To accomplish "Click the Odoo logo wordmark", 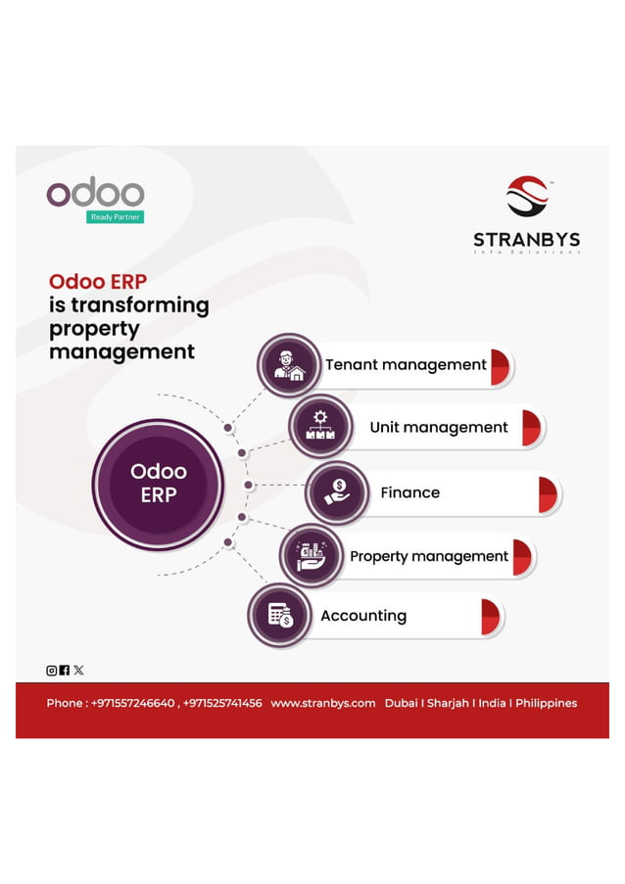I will click(95, 193).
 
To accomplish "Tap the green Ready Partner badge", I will click(115, 217).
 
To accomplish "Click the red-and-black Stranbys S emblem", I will click(527, 197).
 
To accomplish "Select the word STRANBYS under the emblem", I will click(526, 239).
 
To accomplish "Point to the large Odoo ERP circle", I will click(158, 484).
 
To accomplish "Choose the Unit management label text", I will click(438, 428).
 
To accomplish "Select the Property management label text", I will click(428, 556).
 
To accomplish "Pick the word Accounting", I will click(362, 616).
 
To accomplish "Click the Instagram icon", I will click(52, 671).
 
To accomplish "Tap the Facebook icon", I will click(65, 671).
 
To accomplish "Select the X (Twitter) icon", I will click(78, 671).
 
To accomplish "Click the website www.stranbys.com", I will click(322, 703).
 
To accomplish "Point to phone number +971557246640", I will click(132, 703).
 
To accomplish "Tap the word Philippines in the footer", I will click(546, 703).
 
